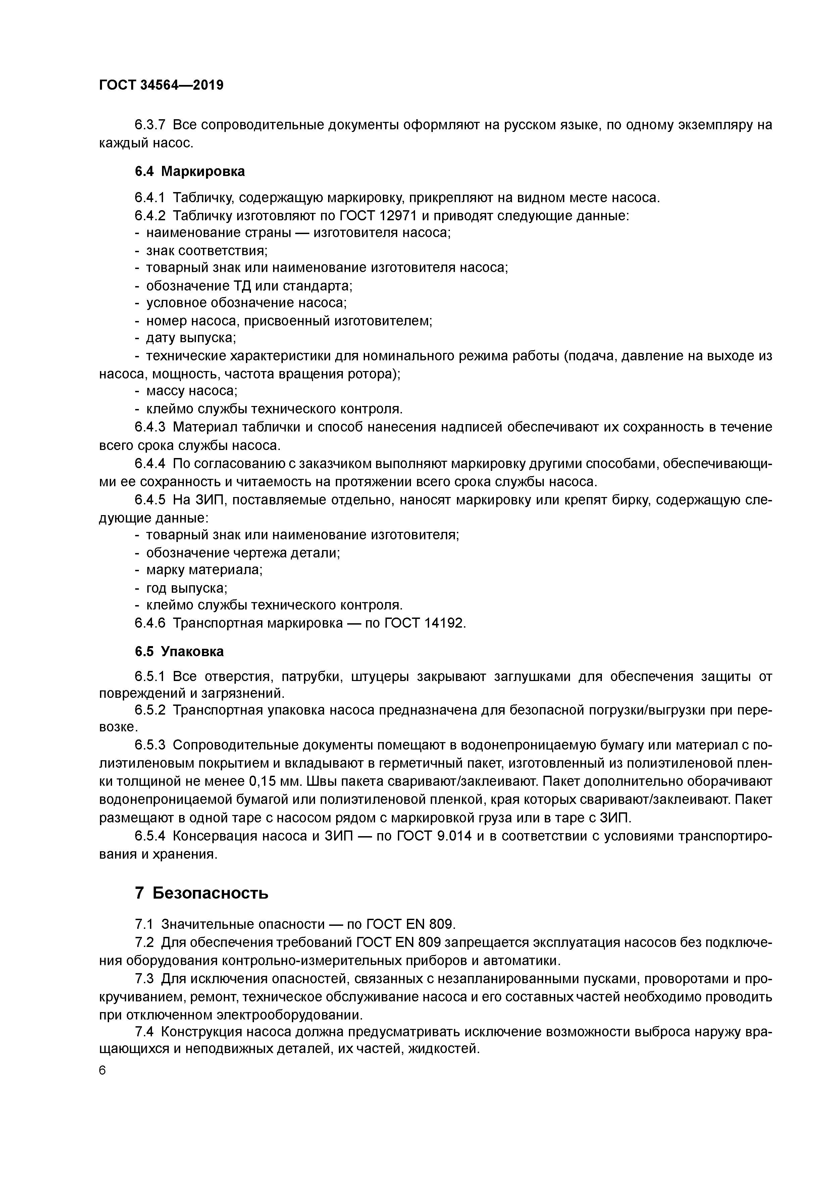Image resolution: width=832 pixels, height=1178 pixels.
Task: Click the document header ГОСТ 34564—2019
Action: (161, 85)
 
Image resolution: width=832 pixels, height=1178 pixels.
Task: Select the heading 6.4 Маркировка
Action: (190, 171)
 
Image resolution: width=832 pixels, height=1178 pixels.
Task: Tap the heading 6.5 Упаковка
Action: (179, 651)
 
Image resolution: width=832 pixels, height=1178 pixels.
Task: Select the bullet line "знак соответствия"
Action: (207, 251)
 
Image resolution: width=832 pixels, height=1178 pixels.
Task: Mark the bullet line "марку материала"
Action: (204, 570)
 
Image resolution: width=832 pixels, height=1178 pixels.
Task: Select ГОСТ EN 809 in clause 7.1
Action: (411, 924)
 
